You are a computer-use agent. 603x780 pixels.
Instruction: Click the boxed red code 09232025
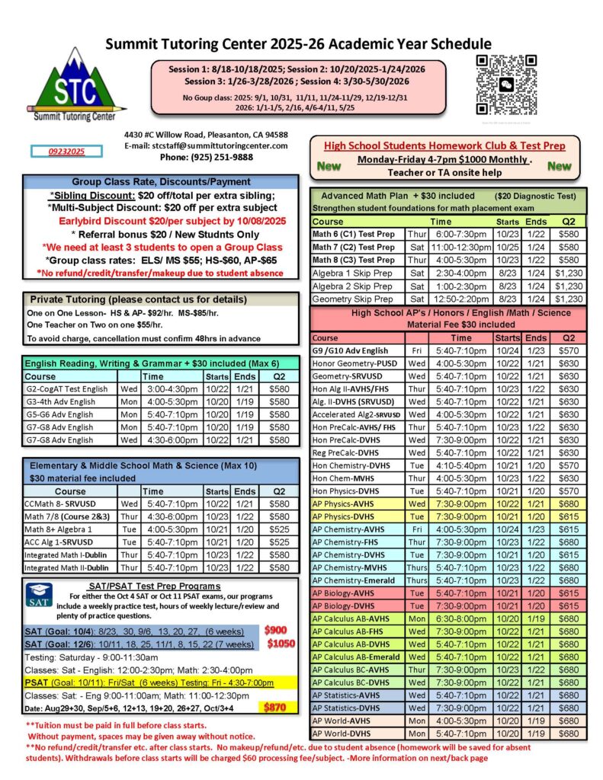click(66, 152)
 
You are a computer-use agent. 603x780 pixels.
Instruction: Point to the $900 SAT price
click(276, 630)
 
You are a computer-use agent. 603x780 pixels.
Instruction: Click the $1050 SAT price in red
click(280, 643)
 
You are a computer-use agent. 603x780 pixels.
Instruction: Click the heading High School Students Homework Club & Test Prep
click(445, 145)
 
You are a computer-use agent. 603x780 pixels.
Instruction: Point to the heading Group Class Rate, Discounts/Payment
click(161, 182)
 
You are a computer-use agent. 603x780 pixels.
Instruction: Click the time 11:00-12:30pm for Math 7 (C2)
click(460, 247)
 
